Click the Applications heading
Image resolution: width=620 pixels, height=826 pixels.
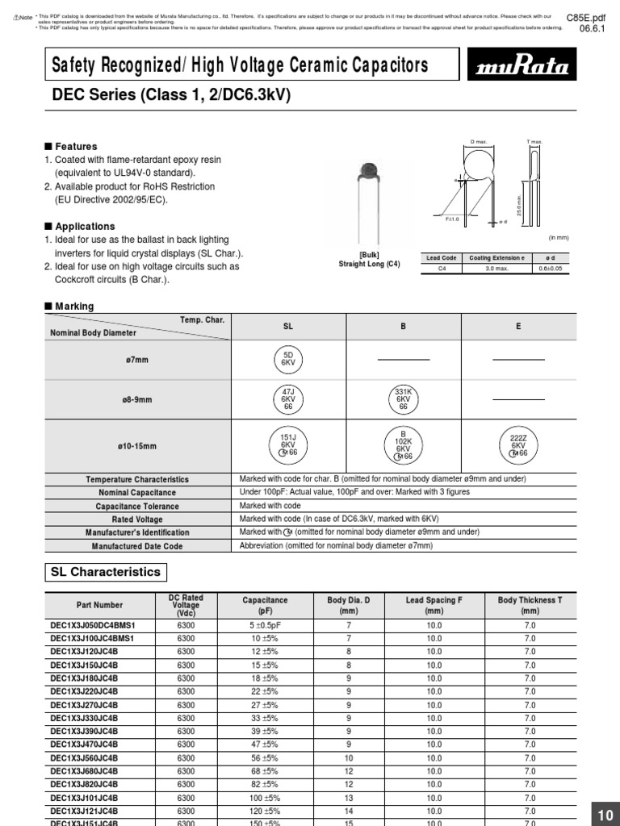[x=79, y=227]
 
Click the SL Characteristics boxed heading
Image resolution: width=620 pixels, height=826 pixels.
[x=106, y=572]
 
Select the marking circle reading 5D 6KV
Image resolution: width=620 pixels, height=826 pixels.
[x=288, y=358]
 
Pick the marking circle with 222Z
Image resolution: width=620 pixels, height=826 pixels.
[x=518, y=444]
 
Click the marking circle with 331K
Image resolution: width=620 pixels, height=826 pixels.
[x=404, y=398]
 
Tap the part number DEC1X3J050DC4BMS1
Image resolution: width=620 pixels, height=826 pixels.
[x=93, y=625]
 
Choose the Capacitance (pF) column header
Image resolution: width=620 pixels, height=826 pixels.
[x=265, y=605]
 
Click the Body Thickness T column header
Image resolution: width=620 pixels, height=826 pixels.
[x=530, y=605]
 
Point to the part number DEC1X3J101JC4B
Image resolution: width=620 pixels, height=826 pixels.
[x=84, y=798]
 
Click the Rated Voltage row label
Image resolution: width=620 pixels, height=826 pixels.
[x=137, y=519]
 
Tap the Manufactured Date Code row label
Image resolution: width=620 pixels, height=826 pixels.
[x=137, y=546]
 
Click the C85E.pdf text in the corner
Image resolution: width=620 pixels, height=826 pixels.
[x=586, y=15]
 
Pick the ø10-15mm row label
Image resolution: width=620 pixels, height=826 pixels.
[x=137, y=445]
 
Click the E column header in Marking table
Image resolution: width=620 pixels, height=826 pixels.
[x=518, y=326]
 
